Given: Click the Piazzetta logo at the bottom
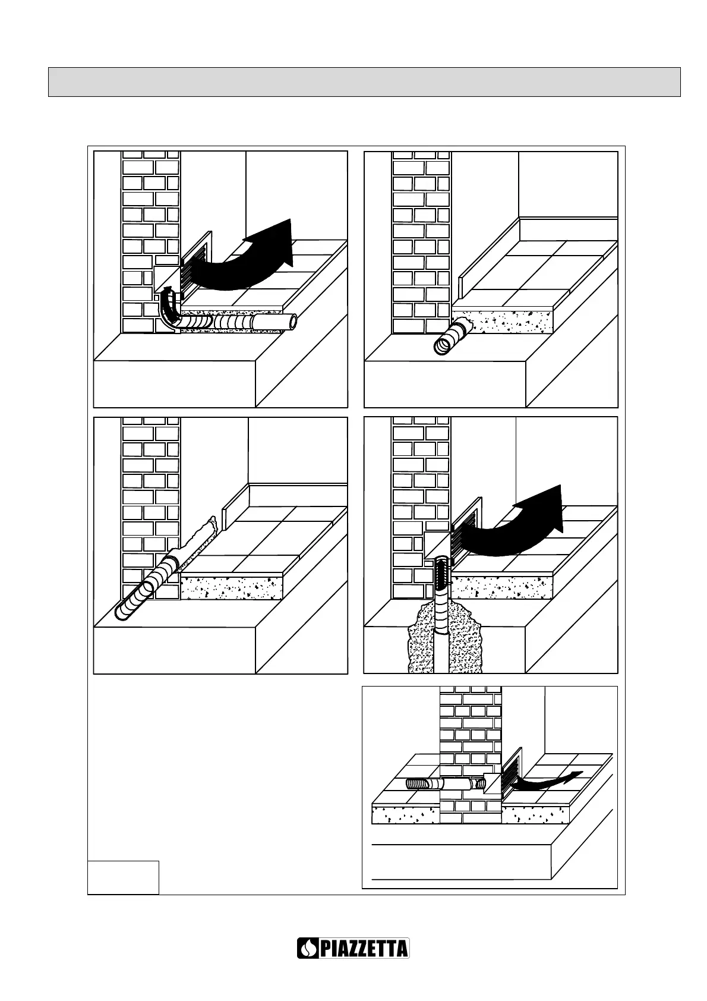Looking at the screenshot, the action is (353, 948).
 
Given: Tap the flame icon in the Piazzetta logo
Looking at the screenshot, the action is (308, 948).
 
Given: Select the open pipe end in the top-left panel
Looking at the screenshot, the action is (292, 322).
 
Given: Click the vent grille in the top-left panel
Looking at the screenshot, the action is (195, 265).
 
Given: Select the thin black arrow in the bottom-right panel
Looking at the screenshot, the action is (547, 779).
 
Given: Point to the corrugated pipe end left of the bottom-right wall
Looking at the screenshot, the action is (418, 783).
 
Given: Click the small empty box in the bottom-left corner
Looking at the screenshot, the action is (123, 876).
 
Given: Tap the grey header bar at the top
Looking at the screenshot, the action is (364, 82).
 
